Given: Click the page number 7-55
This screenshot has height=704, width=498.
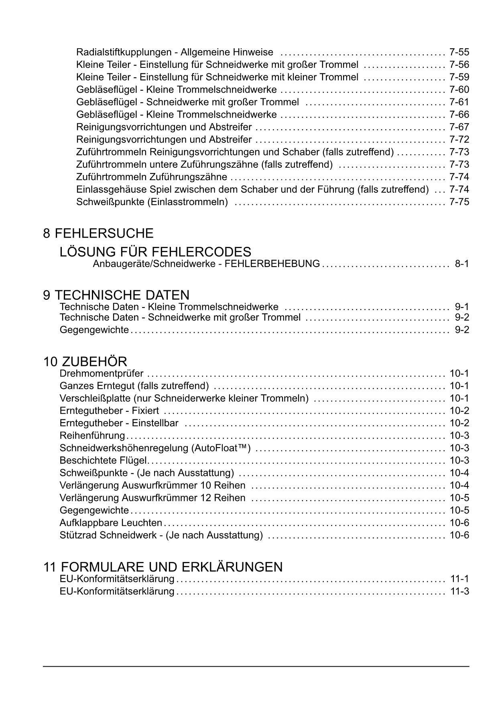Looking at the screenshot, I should [459, 52].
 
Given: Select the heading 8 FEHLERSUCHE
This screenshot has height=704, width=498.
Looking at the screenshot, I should [98, 233].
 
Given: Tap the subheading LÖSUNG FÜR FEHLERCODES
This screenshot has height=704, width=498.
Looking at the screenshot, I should [155, 252].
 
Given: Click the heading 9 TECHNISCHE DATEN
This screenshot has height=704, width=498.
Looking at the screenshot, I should [116, 295].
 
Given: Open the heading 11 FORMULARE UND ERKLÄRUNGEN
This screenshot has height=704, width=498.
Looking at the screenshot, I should [163, 567].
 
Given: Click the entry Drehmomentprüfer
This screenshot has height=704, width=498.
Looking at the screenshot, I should [101, 374].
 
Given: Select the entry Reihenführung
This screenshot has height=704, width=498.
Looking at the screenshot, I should [92, 436].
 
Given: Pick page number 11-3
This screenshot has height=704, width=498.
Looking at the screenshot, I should [459, 591].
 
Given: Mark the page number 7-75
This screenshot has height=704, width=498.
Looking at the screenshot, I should [459, 202].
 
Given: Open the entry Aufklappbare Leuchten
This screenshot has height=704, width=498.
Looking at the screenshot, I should [111, 523].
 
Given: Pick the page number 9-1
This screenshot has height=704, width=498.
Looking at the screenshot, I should [461, 307].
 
